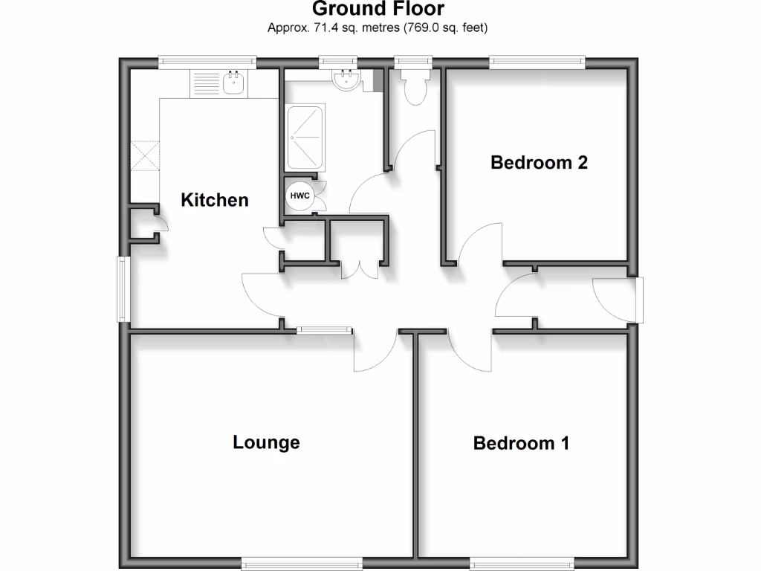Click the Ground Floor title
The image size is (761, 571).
[378, 10]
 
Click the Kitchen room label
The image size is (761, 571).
[215, 200]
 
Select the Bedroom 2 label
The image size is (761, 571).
[539, 162]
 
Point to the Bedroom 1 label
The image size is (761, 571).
[521, 443]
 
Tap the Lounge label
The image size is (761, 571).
[266, 442]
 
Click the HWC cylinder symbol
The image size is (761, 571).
[299, 196]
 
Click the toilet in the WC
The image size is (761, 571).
[413, 86]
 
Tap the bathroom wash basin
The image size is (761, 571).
[346, 80]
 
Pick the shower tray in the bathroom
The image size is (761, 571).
[305, 136]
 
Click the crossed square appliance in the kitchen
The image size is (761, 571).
[145, 156]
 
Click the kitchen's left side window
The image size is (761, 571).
[122, 289]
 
